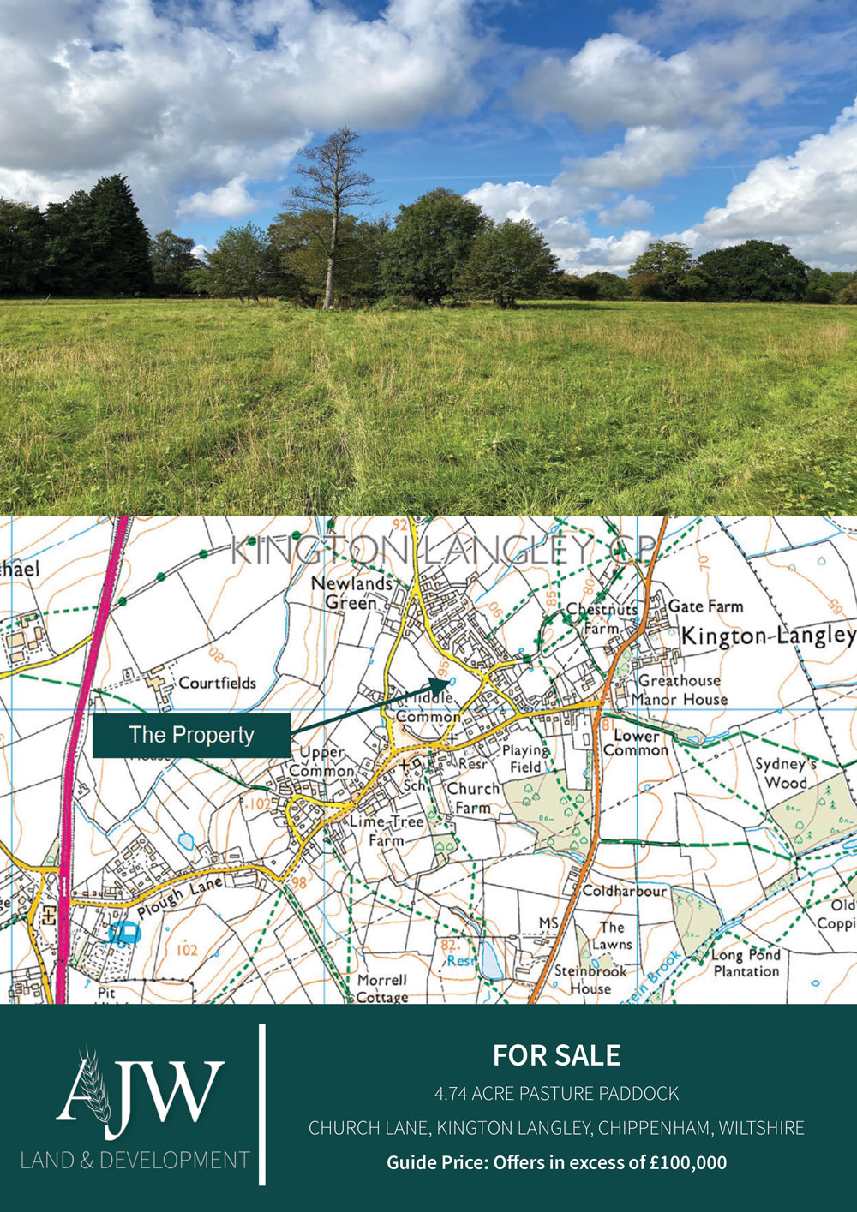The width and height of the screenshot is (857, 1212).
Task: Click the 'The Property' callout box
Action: click(x=191, y=735)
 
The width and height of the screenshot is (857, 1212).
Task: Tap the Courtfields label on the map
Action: click(x=217, y=683)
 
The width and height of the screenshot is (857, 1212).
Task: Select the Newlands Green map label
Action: click(x=351, y=593)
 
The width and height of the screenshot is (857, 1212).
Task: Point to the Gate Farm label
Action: click(x=705, y=606)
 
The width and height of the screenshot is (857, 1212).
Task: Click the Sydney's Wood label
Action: click(x=781, y=773)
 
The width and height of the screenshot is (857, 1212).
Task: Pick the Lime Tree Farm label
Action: click(x=387, y=831)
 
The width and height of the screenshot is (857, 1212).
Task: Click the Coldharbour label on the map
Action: click(x=624, y=891)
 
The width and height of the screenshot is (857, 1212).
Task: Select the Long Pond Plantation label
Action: click(x=746, y=963)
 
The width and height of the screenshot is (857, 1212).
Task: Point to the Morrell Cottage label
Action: click(x=382, y=988)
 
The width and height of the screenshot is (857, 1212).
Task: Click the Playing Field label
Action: click(x=525, y=759)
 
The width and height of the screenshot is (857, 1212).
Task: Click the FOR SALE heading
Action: click(x=556, y=1055)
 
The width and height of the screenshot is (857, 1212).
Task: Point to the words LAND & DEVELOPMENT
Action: click(x=135, y=1161)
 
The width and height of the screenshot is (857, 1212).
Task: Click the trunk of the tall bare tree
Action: click(x=327, y=274)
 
